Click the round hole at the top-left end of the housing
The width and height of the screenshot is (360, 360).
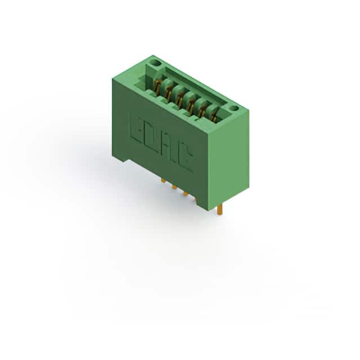click(156, 62)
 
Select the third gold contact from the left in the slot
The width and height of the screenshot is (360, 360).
click(179, 98)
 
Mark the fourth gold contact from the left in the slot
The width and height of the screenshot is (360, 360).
click(190, 105)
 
